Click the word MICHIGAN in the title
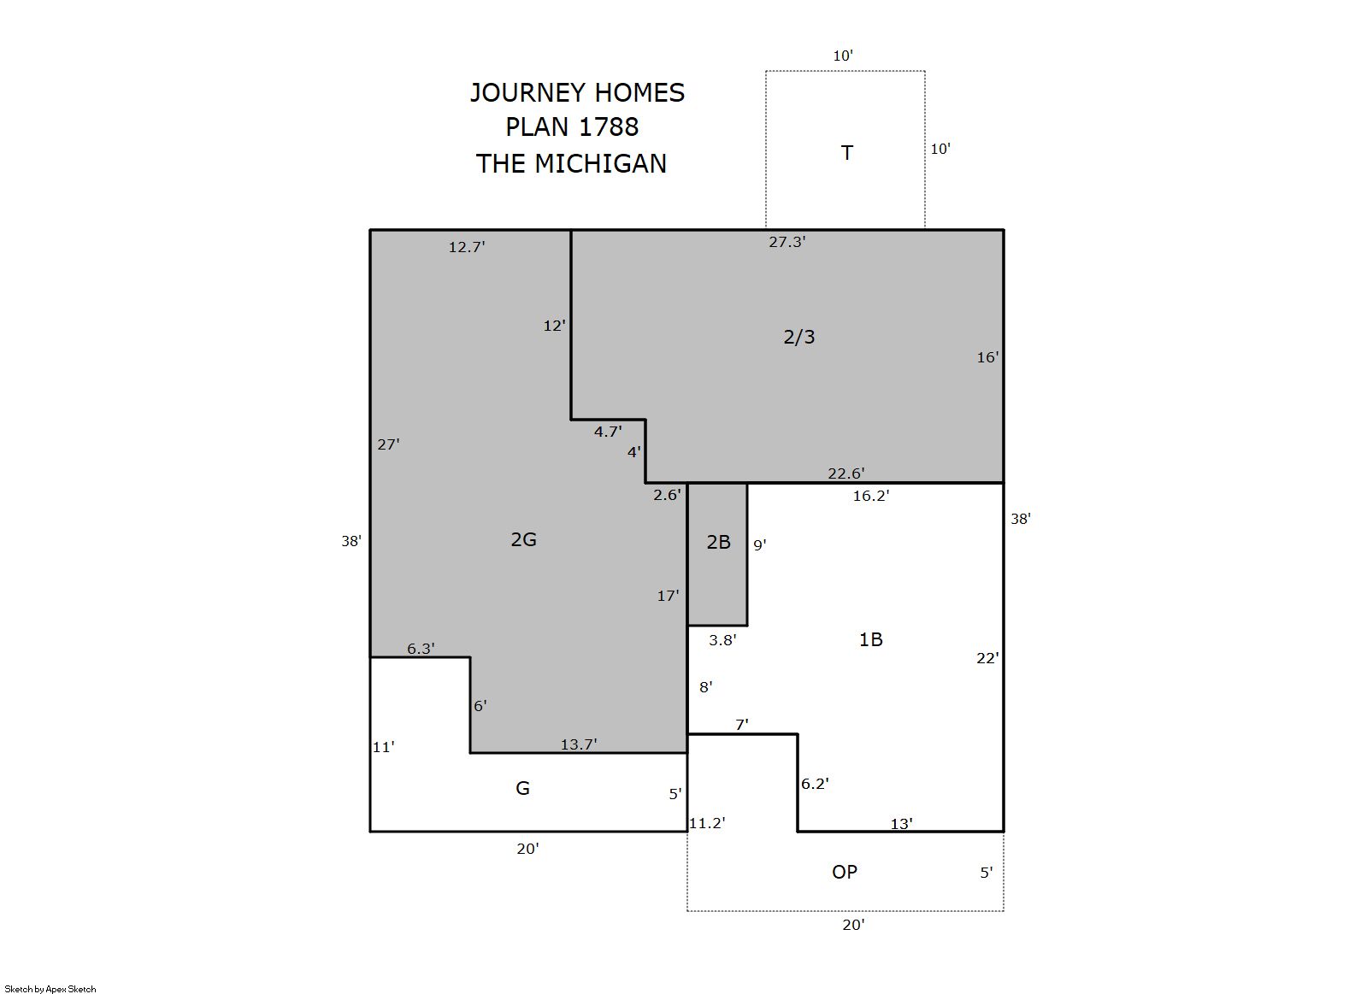point(600,164)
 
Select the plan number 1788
point(609,127)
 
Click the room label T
point(847,153)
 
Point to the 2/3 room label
point(799,337)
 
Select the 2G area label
point(523,539)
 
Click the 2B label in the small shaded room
point(719,543)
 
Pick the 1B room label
point(871,639)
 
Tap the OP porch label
point(845,872)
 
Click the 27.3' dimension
point(787,243)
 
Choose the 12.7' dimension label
point(467,247)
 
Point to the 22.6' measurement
point(846,473)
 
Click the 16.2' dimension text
point(871,496)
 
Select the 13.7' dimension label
point(579,744)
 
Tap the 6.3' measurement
point(421,649)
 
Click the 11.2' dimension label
point(707,823)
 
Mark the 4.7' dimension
point(608,432)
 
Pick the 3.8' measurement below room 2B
point(723,640)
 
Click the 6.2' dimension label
point(815,784)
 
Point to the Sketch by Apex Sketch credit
point(50,989)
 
